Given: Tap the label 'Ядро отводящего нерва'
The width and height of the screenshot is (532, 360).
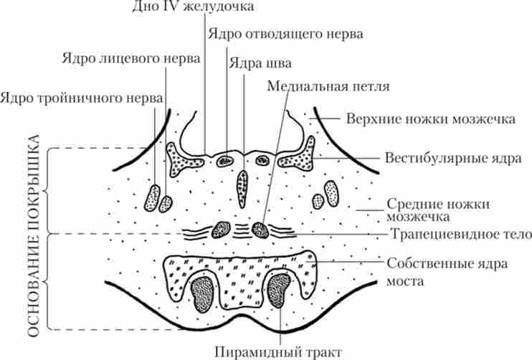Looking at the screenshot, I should pyautogui.click(x=285, y=34).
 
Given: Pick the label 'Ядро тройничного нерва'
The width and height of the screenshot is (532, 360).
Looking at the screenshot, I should pyautogui.click(x=81, y=95).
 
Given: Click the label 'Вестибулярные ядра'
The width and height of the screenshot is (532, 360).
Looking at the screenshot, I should pyautogui.click(x=442, y=157).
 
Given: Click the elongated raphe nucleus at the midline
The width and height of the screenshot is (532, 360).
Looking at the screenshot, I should pyautogui.click(x=242, y=185).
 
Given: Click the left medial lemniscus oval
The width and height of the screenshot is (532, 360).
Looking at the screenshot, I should pyautogui.click(x=224, y=230).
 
